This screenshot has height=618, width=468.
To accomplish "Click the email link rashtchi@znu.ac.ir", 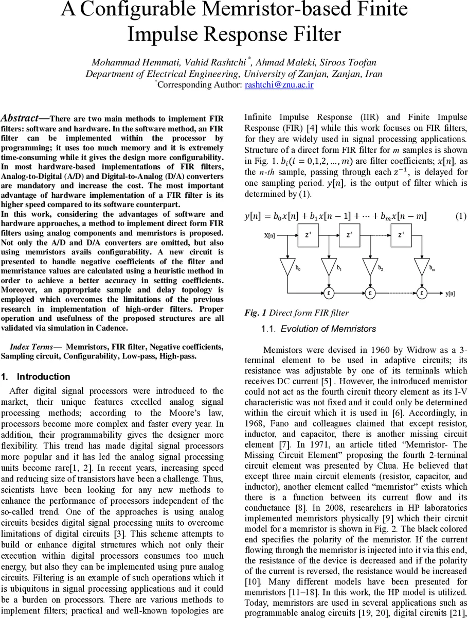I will (279, 84).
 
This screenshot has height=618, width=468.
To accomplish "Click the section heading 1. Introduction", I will (35, 376).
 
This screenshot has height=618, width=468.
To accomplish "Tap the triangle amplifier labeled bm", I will (421, 266).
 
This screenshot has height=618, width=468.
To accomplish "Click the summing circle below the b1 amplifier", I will (328, 293).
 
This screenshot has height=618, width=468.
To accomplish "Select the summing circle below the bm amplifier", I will (421, 293).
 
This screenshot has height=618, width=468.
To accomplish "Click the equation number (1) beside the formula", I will (461, 216).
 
